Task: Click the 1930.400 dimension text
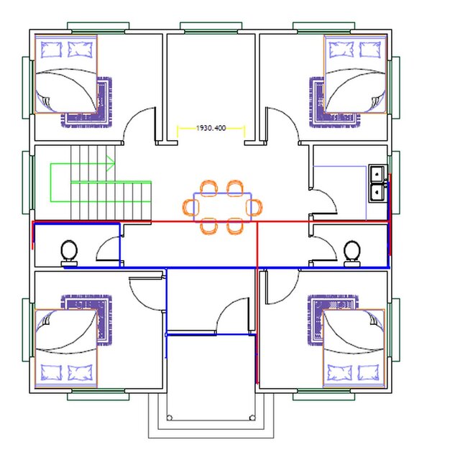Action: (211, 128)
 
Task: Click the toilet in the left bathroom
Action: (69, 251)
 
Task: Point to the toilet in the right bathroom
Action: (351, 251)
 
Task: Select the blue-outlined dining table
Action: (221, 206)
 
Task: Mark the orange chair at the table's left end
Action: (190, 207)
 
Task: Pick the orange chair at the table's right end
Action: (253, 207)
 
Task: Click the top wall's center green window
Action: (211, 27)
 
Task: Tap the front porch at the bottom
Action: (211, 417)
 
